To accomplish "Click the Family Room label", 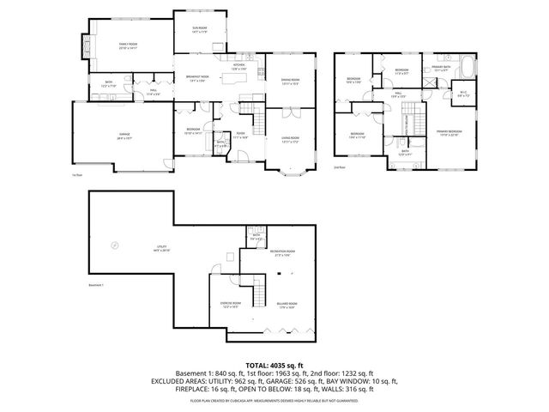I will (128, 43).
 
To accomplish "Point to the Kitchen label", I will (239, 66).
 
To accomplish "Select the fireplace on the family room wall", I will (85, 44).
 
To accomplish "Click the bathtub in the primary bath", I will (469, 64).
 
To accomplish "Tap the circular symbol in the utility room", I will (112, 245).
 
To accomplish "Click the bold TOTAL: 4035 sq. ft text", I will (274, 365).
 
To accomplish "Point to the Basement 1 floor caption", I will (97, 286).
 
